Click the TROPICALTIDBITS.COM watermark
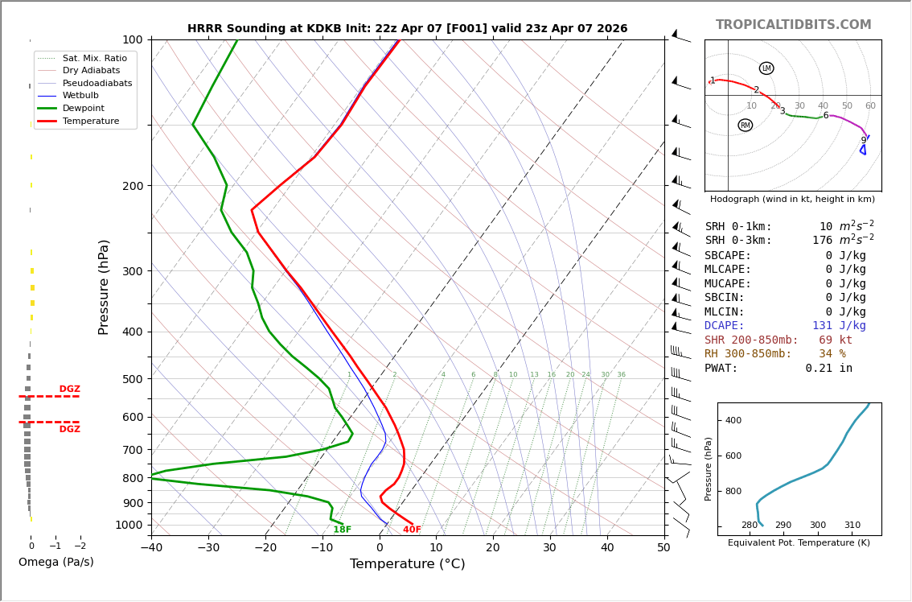pos(793,25)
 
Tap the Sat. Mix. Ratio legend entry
pos(94,58)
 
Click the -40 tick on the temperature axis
pos(151,548)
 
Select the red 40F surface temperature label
pos(412,530)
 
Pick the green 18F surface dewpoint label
pos(343,530)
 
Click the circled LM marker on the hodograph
pos(766,68)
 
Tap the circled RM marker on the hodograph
pos(746,126)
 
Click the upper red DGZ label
pos(69,390)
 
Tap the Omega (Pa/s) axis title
pos(55,563)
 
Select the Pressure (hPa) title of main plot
pos(104,287)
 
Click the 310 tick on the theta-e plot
pos(852,526)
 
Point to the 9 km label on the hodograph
pos(864,141)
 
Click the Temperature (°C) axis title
pos(407,564)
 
